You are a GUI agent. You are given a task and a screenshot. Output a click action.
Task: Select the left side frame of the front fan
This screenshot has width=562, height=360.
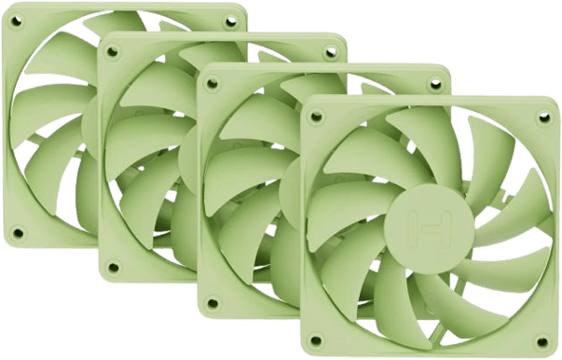click(x=308, y=224)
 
